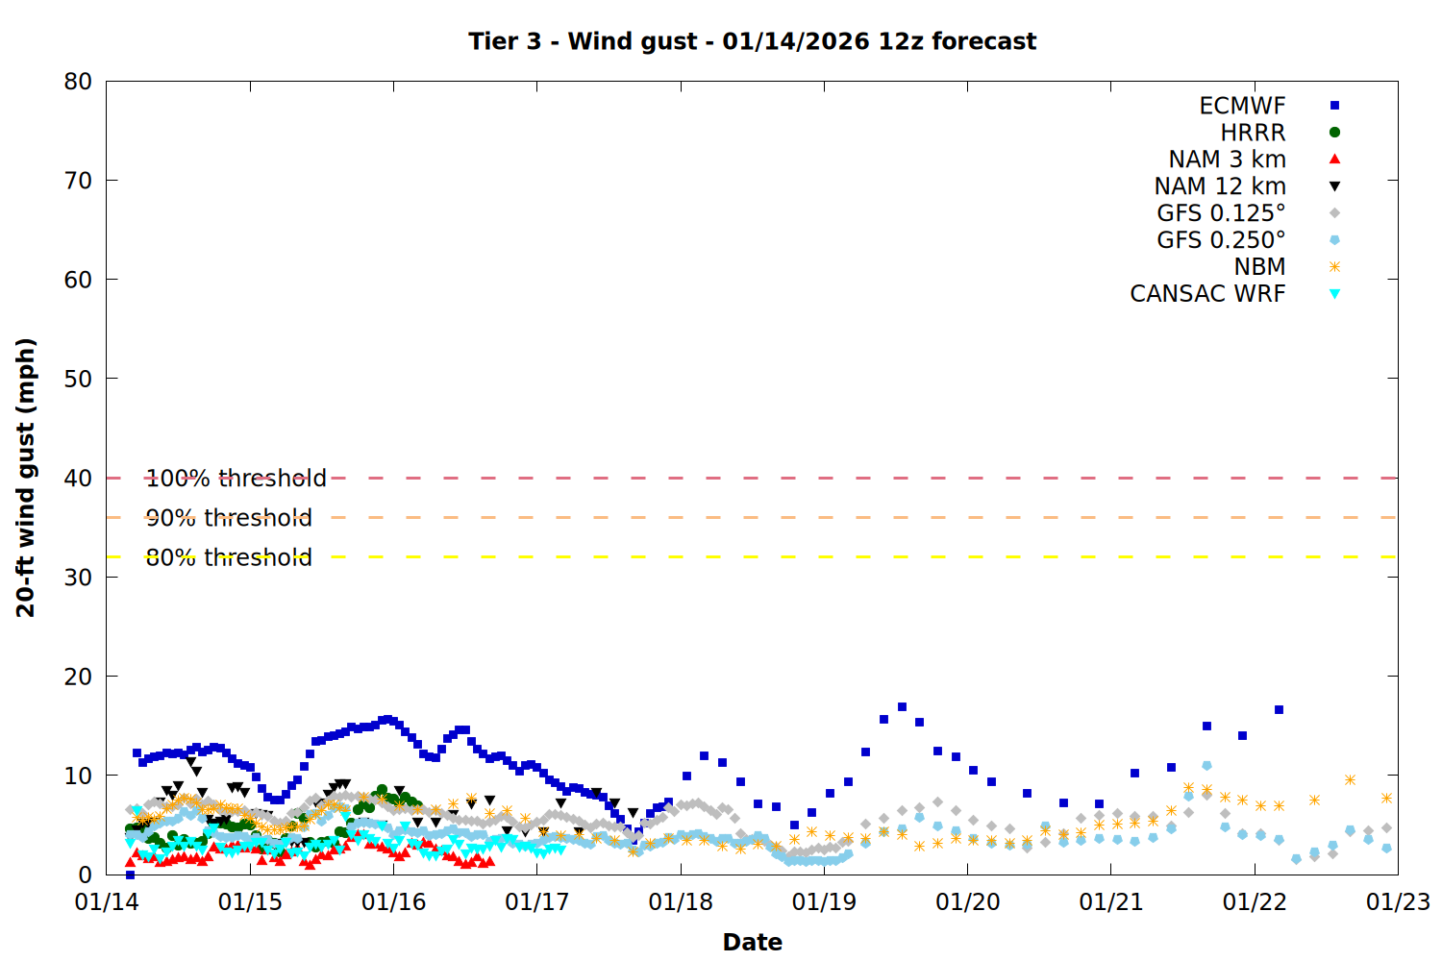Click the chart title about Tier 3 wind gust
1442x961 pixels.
click(x=752, y=41)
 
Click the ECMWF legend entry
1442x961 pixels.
click(x=1242, y=106)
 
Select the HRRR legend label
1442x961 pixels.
click(x=1253, y=133)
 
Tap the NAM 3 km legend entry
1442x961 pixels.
click(x=1227, y=160)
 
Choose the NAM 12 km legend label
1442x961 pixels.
click(x=1220, y=186)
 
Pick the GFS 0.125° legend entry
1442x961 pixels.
click(x=1221, y=213)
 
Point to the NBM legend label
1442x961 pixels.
click(x=1259, y=267)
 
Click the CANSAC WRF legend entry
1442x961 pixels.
click(x=1207, y=294)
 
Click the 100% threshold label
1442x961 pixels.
click(x=236, y=478)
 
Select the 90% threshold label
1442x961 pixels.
click(x=229, y=518)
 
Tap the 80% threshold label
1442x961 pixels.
click(x=229, y=557)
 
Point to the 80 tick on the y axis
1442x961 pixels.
click(x=78, y=82)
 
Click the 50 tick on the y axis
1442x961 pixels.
click(x=78, y=379)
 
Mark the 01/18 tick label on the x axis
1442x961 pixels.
click(x=681, y=902)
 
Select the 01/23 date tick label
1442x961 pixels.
click(x=1398, y=902)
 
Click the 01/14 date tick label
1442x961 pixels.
click(x=107, y=902)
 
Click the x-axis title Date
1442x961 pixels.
click(x=752, y=942)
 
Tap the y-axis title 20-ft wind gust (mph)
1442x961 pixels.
click(x=26, y=478)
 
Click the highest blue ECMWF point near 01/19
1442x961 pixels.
click(x=902, y=707)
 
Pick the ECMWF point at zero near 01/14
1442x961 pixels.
click(x=130, y=875)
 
